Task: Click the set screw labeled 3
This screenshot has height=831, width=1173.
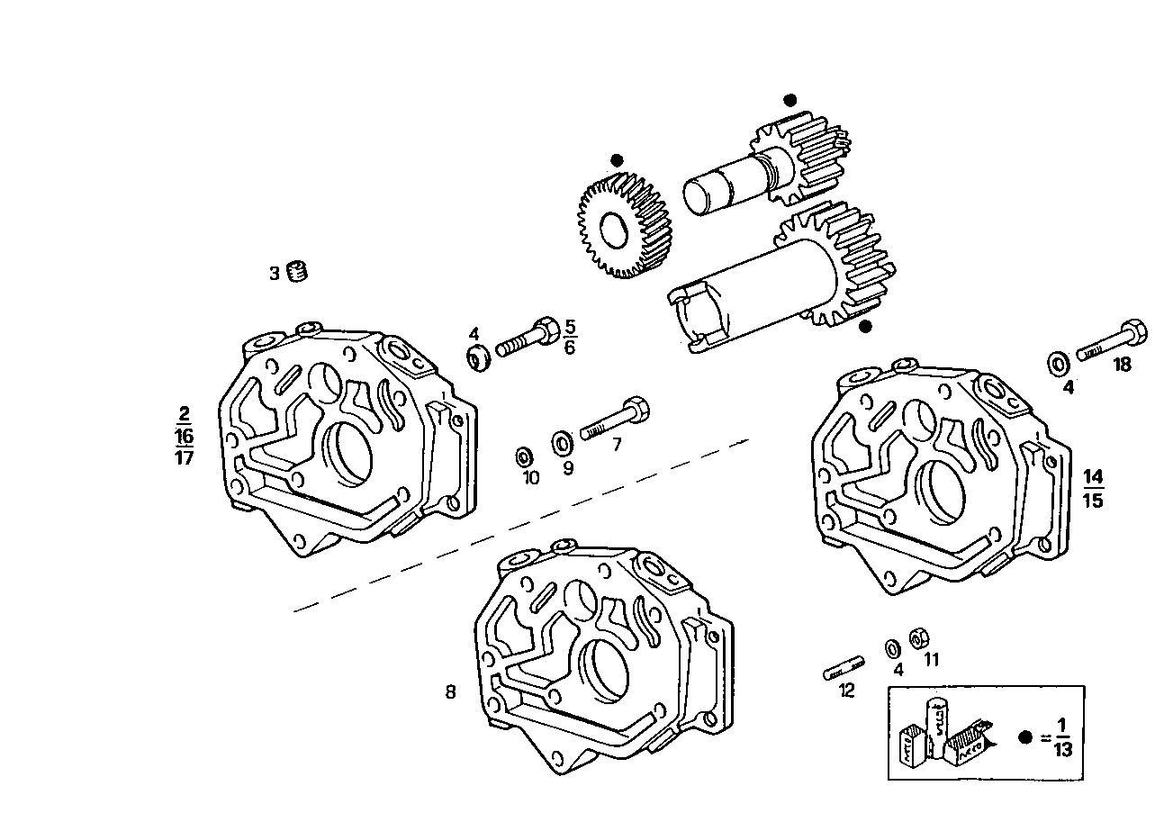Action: point(298,271)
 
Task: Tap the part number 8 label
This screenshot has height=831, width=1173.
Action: point(450,692)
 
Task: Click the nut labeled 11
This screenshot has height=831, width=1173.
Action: point(919,637)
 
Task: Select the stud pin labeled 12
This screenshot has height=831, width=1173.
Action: point(844,669)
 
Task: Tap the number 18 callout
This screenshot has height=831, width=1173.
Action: point(1121,365)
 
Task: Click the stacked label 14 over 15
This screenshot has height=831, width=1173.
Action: point(1093,488)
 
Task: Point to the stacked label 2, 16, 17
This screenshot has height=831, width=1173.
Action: point(184,436)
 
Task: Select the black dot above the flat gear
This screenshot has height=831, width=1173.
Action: point(617,160)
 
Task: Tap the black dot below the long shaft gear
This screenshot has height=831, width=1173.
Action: point(865,327)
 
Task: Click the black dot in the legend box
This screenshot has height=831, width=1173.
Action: point(1024,736)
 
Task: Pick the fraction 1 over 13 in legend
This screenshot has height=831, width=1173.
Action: point(1062,736)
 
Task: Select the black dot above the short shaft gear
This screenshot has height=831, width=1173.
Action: point(790,100)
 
